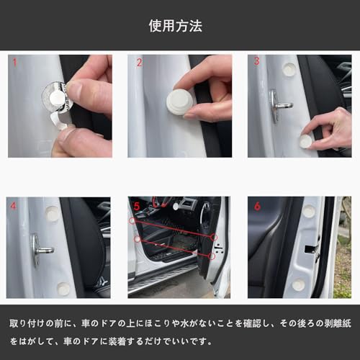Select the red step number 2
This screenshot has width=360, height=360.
click(x=140, y=63)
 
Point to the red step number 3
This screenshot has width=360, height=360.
click(x=256, y=62)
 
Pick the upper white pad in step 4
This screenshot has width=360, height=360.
click(x=52, y=213)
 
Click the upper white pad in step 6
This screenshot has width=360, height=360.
click(x=308, y=211)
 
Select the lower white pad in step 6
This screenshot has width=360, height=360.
click(x=298, y=285)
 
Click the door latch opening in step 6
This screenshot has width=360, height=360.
click(x=315, y=248)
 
